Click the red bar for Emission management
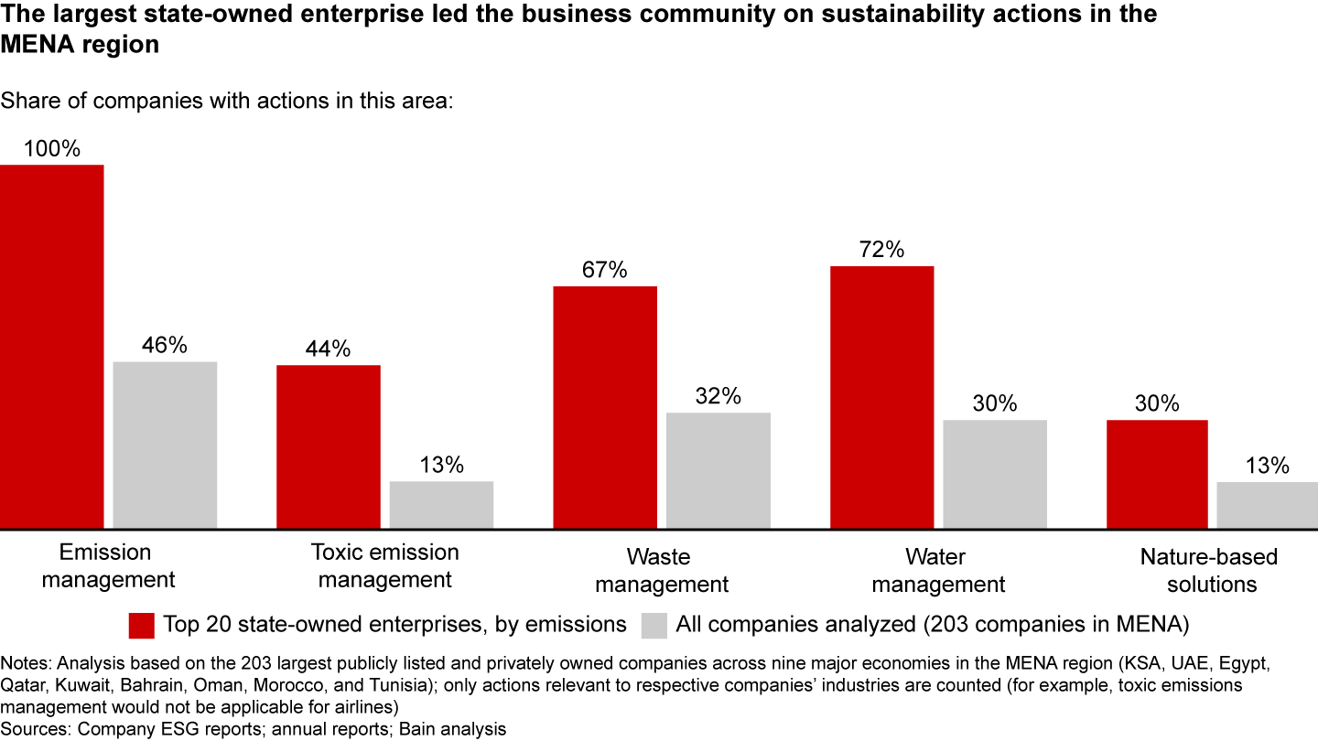coord(51,347)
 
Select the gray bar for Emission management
coord(165,445)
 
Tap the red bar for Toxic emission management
coord(328,446)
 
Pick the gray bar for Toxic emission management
coord(441,504)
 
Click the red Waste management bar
coord(605,407)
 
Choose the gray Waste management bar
coord(718,470)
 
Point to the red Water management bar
coord(881,397)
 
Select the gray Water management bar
coord(995,474)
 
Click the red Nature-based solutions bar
coord(1157,474)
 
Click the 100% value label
coord(52,149)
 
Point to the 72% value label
coord(881,250)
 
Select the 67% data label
coord(605,270)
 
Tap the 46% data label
coord(165,346)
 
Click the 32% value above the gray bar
coord(718,396)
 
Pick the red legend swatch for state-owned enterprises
coord(142,625)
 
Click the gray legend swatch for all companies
coord(654,625)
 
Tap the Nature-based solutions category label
coord(1209,570)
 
